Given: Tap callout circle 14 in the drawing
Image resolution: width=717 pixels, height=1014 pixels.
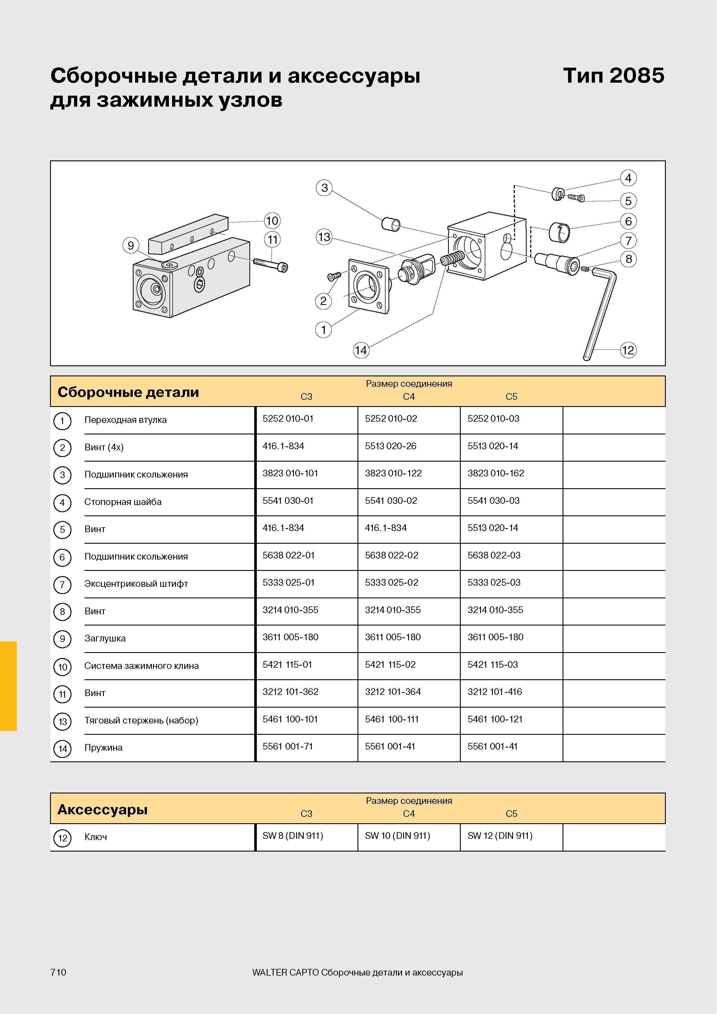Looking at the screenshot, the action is (361, 350).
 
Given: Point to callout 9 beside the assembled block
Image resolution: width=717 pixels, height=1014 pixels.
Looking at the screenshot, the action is (131, 245).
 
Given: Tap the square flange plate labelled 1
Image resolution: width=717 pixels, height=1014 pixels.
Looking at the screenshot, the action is (369, 287).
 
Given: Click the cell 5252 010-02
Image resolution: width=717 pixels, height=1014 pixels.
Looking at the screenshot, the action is (391, 419).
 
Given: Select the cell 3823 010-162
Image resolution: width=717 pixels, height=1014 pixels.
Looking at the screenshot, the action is (496, 473).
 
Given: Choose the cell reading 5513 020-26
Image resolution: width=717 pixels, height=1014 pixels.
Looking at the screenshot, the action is (390, 446).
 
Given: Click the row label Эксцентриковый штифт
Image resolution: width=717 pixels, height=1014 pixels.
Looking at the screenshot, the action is (136, 584).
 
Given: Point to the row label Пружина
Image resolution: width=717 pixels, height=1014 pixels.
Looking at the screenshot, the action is (103, 748).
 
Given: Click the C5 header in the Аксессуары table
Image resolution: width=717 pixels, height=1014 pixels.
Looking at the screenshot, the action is (511, 813).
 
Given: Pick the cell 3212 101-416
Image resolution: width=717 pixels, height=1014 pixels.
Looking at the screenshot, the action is (495, 692).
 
